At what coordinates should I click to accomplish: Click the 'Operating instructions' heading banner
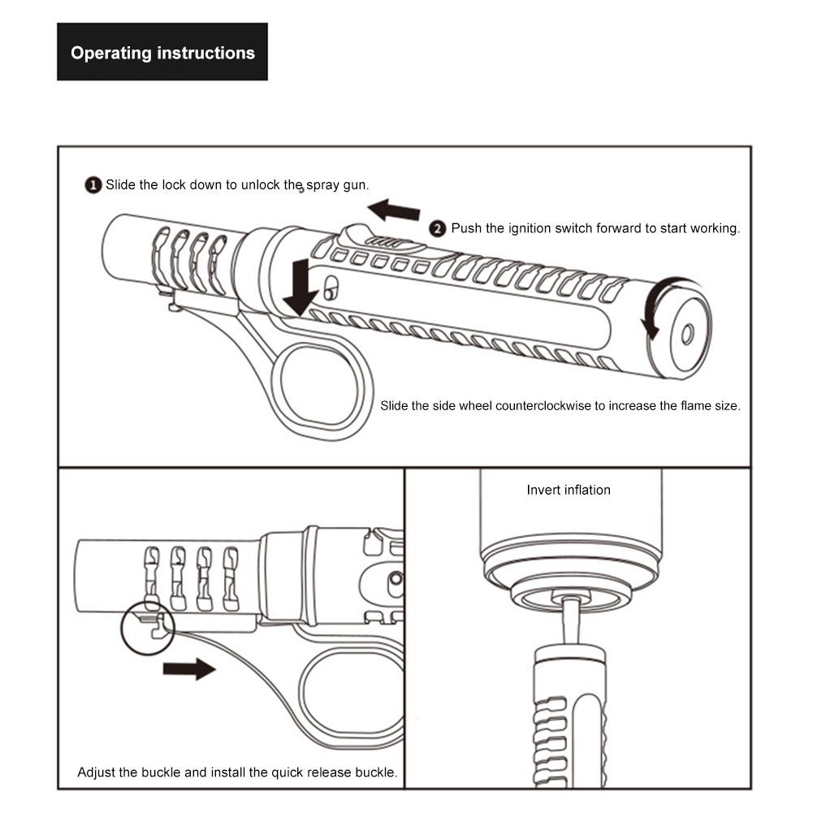point(162,53)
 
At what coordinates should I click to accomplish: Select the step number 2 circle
point(438,228)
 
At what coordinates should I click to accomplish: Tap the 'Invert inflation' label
point(569,490)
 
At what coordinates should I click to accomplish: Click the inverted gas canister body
point(570,520)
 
